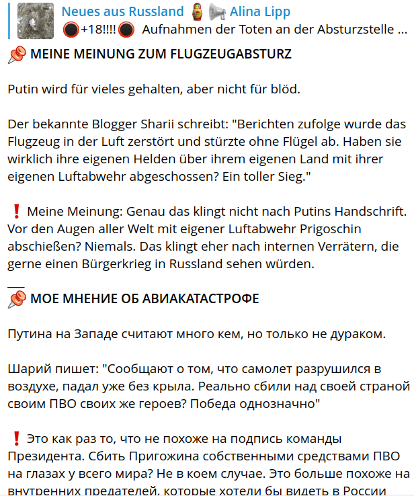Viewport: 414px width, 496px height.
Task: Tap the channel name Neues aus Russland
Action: point(122,11)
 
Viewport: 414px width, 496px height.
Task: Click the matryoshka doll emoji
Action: point(196,11)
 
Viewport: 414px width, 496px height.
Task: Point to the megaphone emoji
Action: point(216,11)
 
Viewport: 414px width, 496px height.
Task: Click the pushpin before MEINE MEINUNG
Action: point(17,55)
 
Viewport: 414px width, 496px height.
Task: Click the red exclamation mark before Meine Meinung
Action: point(15,211)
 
